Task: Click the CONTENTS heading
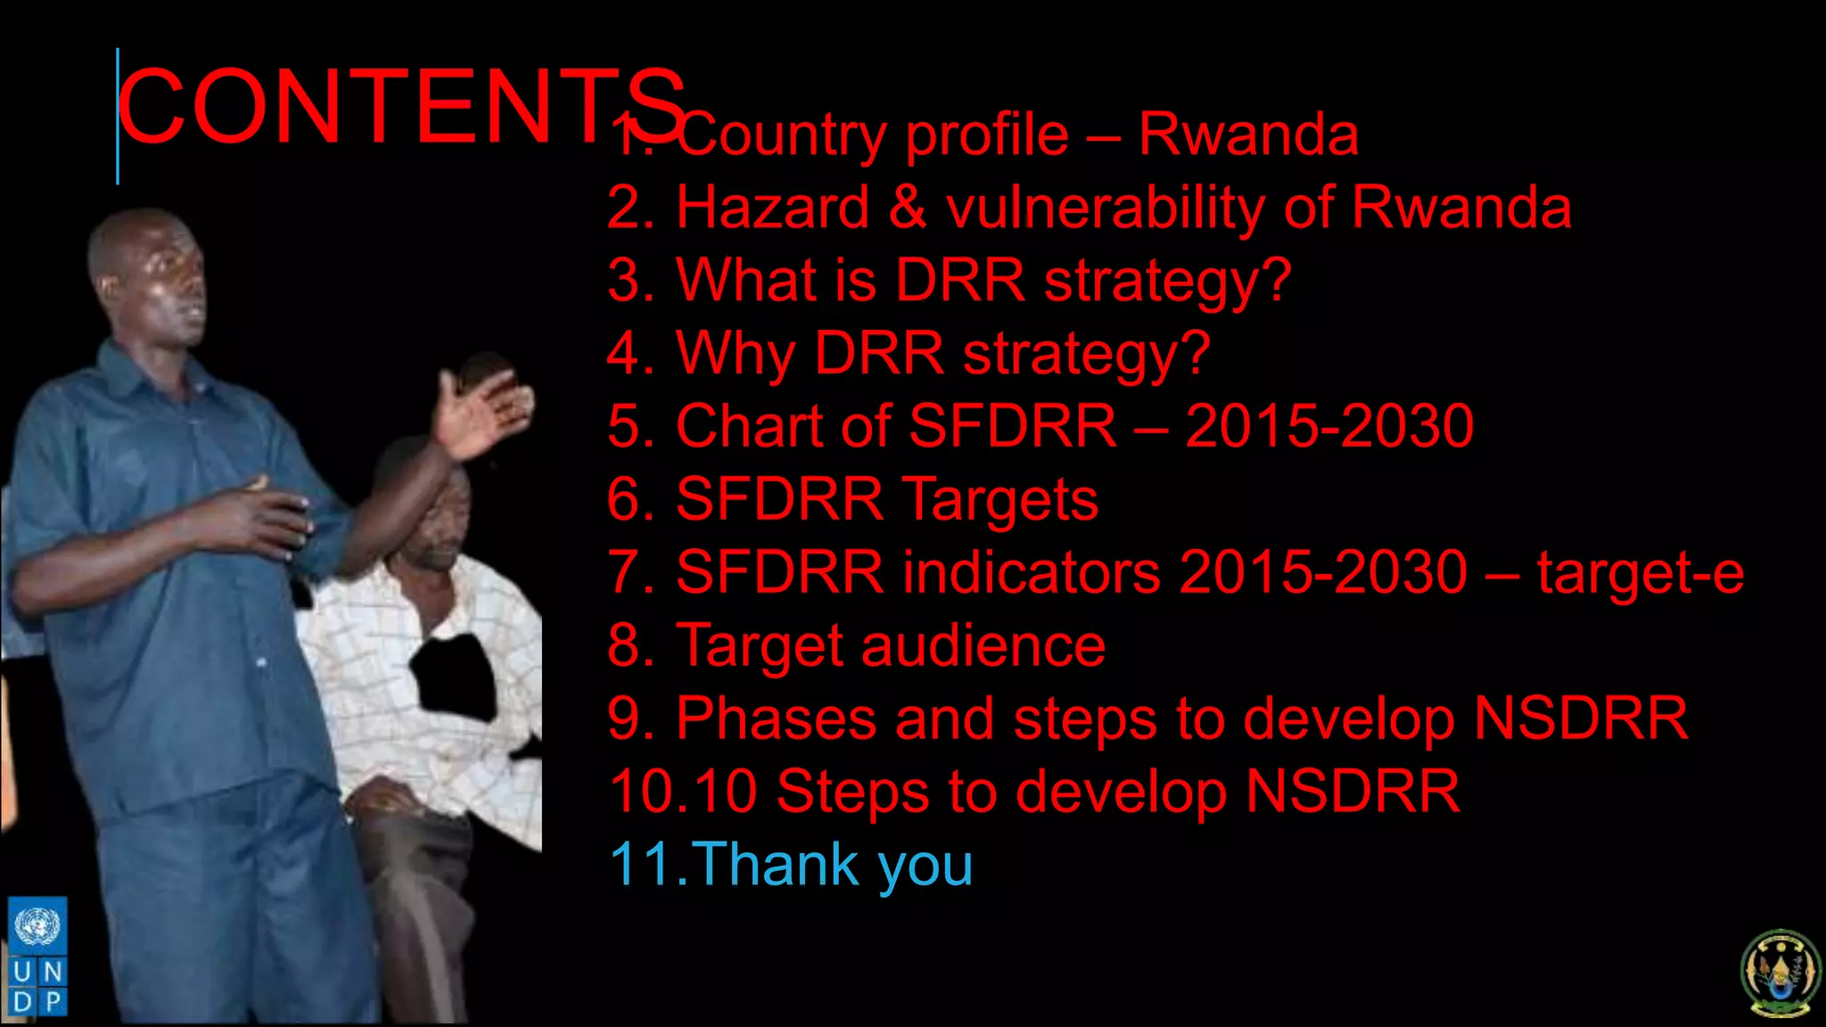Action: [x=401, y=107]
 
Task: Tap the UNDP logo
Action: [x=37, y=957]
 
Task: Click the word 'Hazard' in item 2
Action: [x=772, y=208]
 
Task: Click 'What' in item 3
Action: [x=746, y=280]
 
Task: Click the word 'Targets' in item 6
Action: [x=999, y=499]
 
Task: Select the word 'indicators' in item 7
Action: [x=1032, y=571]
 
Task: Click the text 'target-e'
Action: [x=1640, y=573]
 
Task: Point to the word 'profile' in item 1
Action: [x=986, y=136]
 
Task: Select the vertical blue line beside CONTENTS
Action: [x=118, y=116]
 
